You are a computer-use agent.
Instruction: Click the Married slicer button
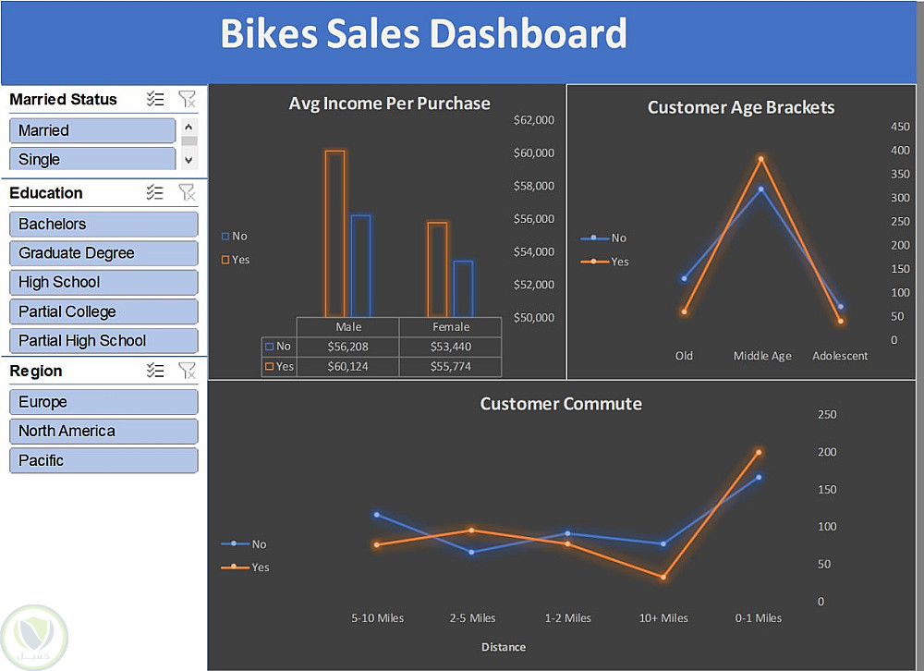[92, 130]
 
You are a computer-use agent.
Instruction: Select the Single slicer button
[92, 159]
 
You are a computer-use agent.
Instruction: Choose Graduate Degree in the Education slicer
[103, 253]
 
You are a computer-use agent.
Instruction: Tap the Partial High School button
[103, 340]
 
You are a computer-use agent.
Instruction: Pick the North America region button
[103, 431]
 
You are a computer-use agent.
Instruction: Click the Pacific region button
[103, 460]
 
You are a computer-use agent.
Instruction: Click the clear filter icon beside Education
[187, 192]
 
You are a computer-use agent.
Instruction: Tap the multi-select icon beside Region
[155, 371]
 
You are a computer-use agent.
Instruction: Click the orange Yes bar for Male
[334, 233]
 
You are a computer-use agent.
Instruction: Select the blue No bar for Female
[463, 288]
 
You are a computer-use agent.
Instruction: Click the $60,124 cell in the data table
[348, 367]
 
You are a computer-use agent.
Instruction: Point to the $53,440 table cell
[451, 347]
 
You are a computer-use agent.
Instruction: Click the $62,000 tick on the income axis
[533, 120]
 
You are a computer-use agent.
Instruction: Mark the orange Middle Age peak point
[761, 159]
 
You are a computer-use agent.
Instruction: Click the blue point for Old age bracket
[684, 278]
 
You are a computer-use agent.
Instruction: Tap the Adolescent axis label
[840, 356]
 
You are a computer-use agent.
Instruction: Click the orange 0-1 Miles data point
[759, 452]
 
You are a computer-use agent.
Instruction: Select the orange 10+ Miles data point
[663, 578]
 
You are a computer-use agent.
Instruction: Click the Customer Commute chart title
[561, 404]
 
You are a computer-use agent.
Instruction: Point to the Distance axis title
[504, 647]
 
